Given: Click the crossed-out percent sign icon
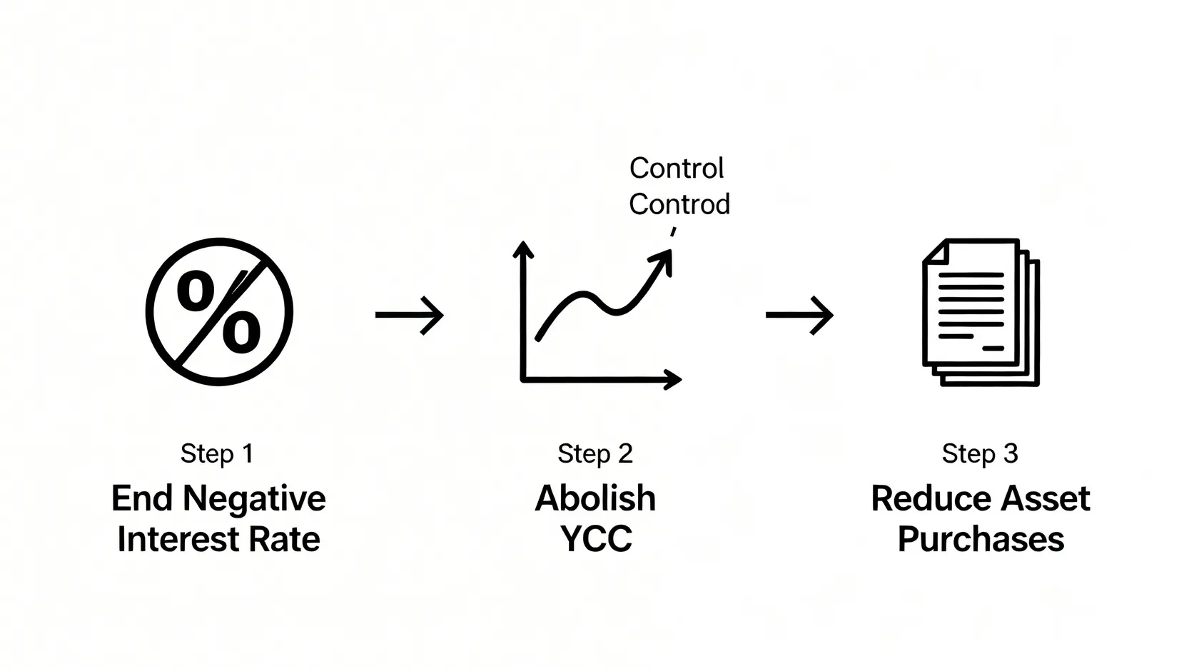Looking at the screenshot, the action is tap(219, 312).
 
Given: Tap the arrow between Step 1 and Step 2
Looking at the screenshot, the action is tap(409, 316).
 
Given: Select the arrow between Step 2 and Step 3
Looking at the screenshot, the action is tap(799, 316).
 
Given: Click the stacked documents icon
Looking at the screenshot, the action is tap(981, 312).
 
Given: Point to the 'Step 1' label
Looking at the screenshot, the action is tap(217, 453).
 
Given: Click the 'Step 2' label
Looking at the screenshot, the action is tap(595, 453).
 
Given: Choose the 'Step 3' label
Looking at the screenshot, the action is tap(980, 453).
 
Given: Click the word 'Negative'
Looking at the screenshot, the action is tap(254, 500).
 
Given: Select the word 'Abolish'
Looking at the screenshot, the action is tap(595, 498).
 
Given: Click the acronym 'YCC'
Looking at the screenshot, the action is tap(596, 539).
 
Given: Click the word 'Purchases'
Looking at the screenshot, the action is tap(981, 540).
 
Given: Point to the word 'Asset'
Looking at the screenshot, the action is tap(1044, 498).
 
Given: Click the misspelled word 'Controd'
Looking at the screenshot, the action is tap(679, 204).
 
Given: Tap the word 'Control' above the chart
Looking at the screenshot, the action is tap(677, 168).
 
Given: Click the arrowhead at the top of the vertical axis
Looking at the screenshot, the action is tap(523, 249).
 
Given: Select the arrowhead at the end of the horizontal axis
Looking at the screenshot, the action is tap(673, 380).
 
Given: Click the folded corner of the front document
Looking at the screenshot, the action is tap(936, 251).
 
